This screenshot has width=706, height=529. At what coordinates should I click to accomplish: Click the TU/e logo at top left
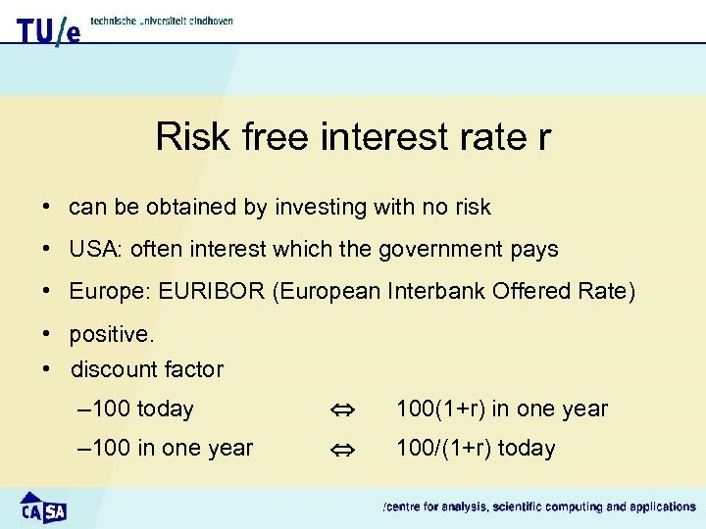(48, 30)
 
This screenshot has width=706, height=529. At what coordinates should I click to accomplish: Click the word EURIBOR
(208, 292)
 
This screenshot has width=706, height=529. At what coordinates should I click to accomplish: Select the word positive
(111, 335)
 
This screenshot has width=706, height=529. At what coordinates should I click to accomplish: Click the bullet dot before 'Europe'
(46, 292)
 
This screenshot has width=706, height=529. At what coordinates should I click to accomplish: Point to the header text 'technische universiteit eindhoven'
(161, 21)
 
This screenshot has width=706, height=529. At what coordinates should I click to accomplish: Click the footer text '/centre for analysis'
(430, 507)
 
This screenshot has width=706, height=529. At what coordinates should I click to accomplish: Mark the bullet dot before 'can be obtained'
(46, 208)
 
